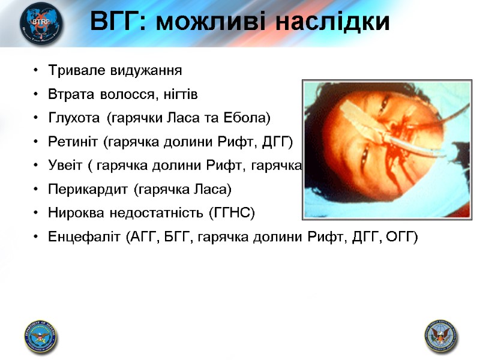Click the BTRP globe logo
click(41, 24)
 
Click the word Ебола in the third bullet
click(254, 118)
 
